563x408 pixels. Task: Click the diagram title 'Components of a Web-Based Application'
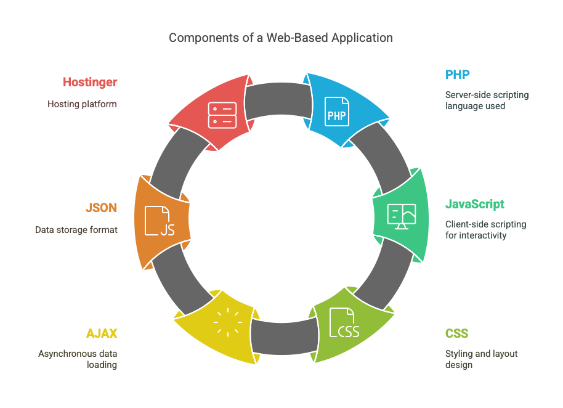point(281,38)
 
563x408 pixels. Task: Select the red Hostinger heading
point(90,82)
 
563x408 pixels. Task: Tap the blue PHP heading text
point(458,75)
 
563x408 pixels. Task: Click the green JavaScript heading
point(475,204)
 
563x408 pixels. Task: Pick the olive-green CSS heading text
point(457,333)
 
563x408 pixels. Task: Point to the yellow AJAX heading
point(102,333)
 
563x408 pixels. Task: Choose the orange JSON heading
point(101,208)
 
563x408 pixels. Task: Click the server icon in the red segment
point(222,115)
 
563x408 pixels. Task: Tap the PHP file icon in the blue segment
point(337,111)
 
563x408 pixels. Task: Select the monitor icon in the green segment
point(402,216)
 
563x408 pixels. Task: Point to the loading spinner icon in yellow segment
point(227,322)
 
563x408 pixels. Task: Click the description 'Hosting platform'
point(82,104)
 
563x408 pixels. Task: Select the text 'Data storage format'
point(76,230)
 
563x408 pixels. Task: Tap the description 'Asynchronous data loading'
point(78,359)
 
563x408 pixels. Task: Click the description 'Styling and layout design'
point(481,359)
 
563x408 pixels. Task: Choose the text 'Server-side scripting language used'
point(487,100)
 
